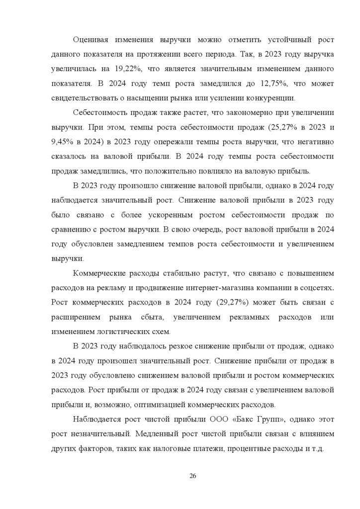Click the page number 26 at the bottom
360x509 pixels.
pos(193,476)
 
